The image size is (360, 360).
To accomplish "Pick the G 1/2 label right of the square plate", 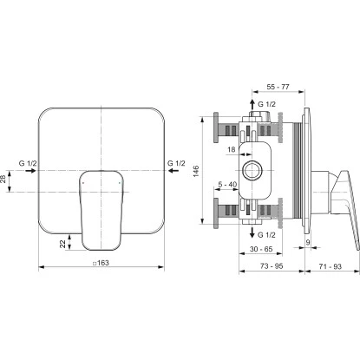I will (x=177, y=163).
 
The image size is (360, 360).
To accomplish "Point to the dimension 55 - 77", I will (x=277, y=89).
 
